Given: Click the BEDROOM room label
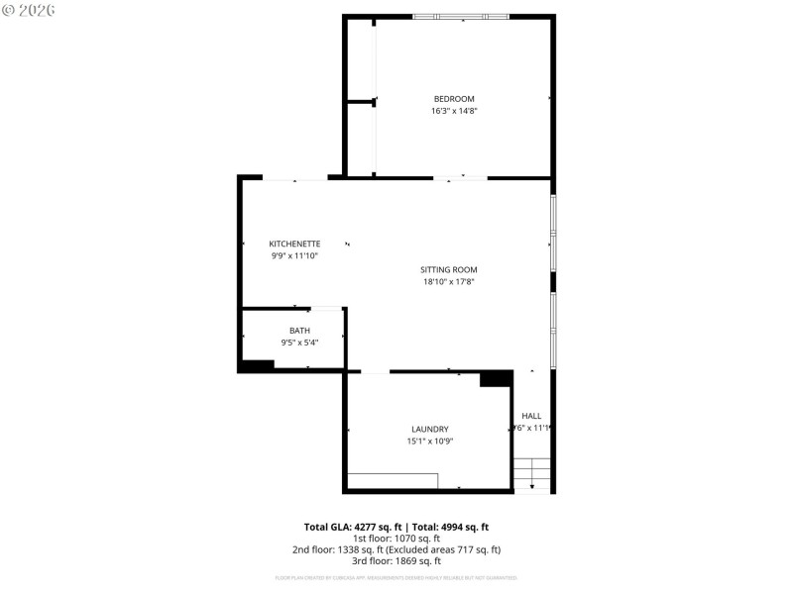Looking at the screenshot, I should tap(454, 98).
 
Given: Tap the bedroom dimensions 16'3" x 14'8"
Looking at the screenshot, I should tap(454, 111).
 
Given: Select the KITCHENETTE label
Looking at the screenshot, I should tap(294, 244).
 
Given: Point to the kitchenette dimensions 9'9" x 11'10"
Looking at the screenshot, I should tap(294, 255).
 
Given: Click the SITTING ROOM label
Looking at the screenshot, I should tap(449, 269).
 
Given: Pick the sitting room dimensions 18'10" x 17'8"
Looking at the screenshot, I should tap(449, 281).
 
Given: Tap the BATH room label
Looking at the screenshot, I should tap(299, 331).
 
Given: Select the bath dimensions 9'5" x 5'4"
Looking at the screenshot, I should tap(299, 343).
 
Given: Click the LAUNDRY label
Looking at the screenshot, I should tap(429, 429).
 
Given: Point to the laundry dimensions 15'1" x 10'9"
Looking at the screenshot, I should tap(429, 441).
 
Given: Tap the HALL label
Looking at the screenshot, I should tap(531, 416).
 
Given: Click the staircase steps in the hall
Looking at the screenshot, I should tap(531, 473).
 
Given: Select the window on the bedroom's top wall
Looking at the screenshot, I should tap(460, 16).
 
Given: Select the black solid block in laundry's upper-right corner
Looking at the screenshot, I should tap(494, 378).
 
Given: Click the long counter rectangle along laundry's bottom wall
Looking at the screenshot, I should tap(393, 480).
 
